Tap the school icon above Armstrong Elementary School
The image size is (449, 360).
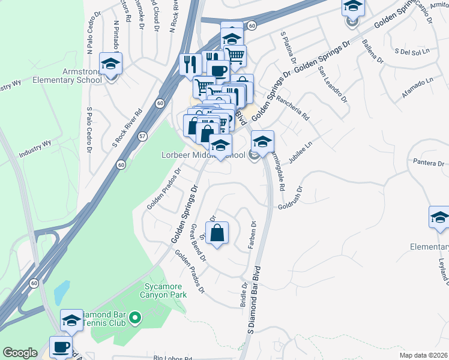pos(110,64)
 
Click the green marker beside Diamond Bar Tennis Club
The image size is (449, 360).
pos(135,316)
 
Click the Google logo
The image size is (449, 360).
pos(20,353)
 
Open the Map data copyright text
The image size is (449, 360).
pos(424,355)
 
